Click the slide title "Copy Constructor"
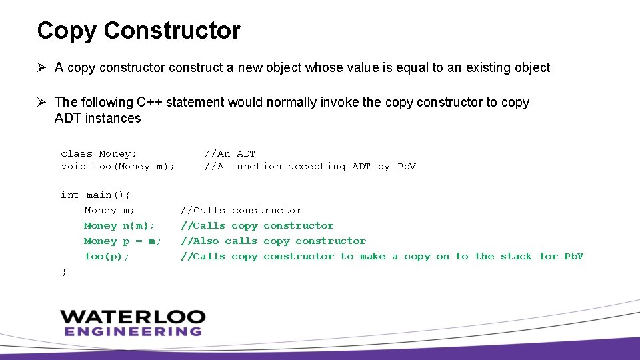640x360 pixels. coord(139,31)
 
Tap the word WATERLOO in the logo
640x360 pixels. coord(133,317)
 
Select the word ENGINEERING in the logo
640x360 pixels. coord(133,331)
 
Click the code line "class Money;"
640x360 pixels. coord(99,154)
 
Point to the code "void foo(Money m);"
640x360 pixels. coord(118,167)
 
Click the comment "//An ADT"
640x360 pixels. coord(229,154)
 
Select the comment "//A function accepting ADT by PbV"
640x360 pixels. coord(309,167)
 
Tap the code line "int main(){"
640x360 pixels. coord(96,195)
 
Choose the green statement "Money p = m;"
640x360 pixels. coord(122,241)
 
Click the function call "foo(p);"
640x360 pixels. coord(107,257)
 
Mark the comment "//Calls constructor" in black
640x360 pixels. coord(241,211)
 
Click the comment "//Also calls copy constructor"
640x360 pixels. coord(273,241)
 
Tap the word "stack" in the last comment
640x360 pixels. coord(516,257)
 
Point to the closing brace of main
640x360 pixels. coord(63,271)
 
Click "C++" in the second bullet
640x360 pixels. coord(149,103)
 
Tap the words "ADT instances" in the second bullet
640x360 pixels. coord(98,119)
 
